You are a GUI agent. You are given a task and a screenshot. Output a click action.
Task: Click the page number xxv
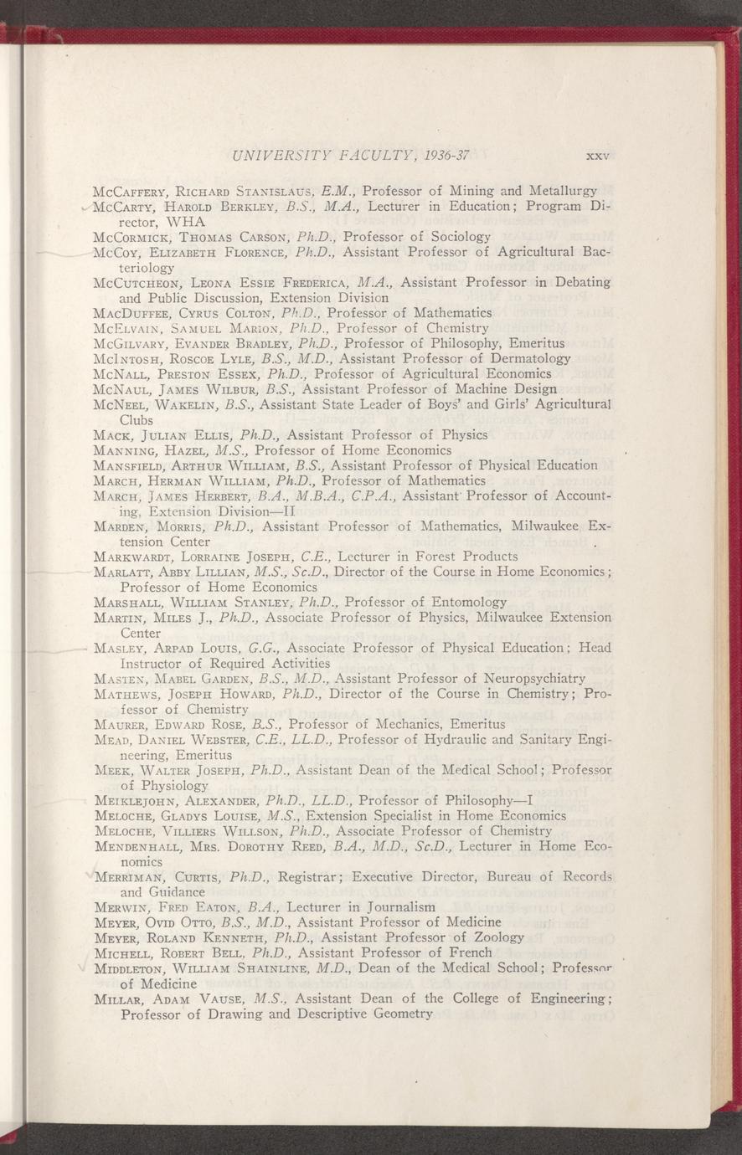596,156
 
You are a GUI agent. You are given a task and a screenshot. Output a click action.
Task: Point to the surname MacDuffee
134,312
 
